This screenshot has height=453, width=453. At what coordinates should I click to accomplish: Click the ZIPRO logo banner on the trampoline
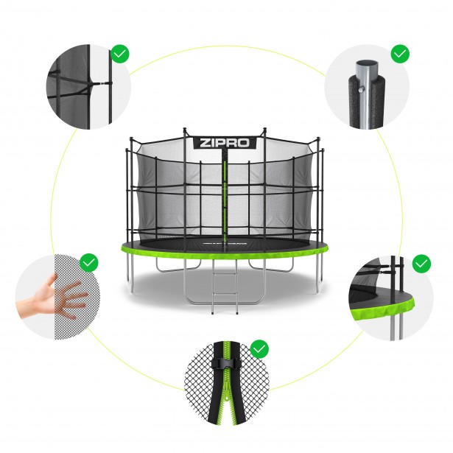(x=225, y=144)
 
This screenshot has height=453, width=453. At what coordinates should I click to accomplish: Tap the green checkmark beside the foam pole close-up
(x=400, y=54)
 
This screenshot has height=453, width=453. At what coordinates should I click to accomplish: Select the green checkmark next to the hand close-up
(x=89, y=263)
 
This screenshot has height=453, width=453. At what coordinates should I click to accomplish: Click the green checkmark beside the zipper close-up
(x=259, y=349)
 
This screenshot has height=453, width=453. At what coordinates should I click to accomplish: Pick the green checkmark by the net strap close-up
(x=120, y=54)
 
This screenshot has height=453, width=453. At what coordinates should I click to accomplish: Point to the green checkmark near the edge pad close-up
(x=422, y=264)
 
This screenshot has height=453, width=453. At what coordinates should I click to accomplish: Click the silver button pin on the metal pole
(x=360, y=91)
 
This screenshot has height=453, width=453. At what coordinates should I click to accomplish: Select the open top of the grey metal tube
(x=367, y=63)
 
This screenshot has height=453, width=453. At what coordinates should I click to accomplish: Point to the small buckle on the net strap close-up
(x=102, y=83)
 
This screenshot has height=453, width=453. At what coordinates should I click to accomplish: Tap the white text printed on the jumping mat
(x=225, y=243)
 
